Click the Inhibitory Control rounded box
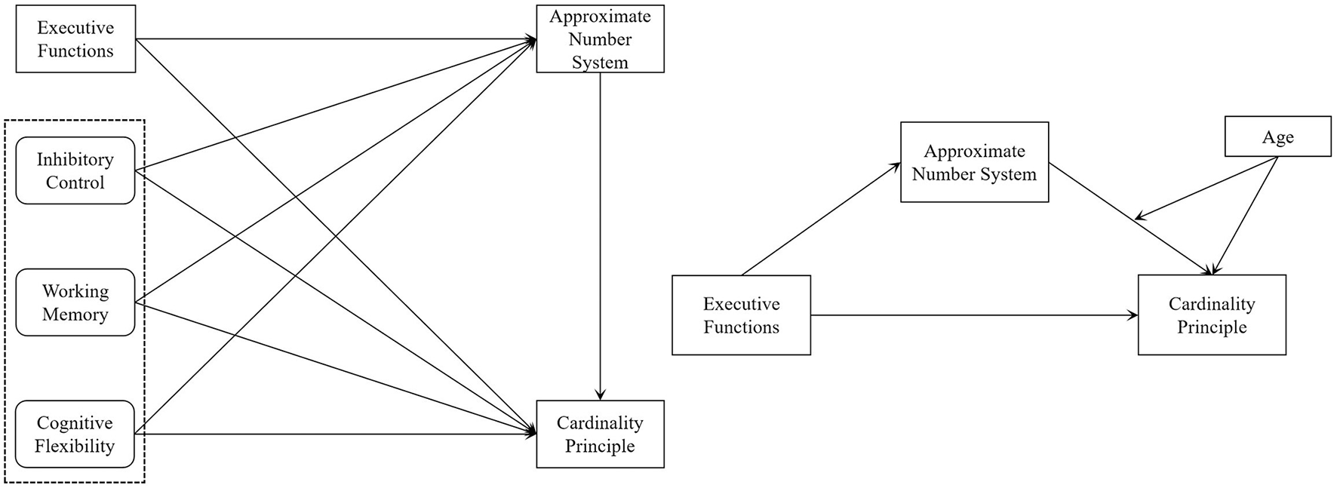(75, 170)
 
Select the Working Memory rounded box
(75, 302)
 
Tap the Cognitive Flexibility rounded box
(75, 434)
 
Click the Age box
(1277, 137)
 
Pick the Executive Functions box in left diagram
(75, 39)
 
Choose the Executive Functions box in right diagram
(741, 315)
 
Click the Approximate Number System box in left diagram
(600, 39)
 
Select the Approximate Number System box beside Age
(974, 162)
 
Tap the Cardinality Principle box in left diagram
(600, 434)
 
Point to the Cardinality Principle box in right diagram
(1212, 315)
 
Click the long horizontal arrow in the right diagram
(973, 315)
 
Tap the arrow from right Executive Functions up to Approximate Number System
(821, 219)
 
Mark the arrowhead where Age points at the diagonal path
(1139, 218)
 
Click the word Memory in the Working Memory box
(75, 315)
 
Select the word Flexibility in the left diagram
(75, 447)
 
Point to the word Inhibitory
(75, 159)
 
